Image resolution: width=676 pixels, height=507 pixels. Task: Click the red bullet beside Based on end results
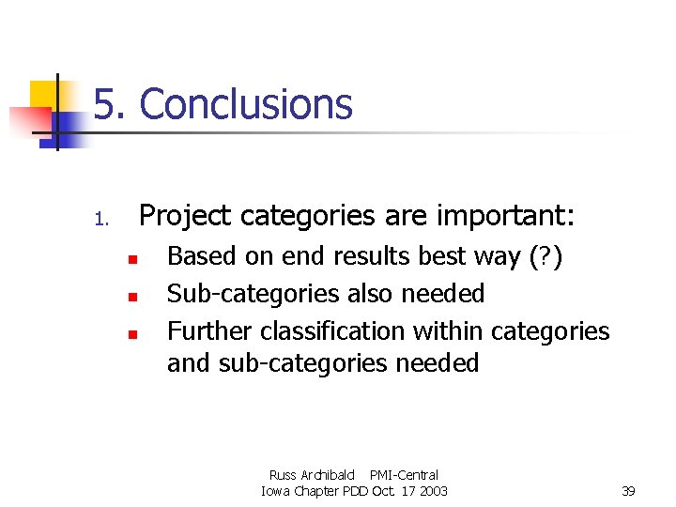pos(133,258)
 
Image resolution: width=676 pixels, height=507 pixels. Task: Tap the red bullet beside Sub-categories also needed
pos(133,296)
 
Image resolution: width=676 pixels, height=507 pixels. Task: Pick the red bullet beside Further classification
pos(133,333)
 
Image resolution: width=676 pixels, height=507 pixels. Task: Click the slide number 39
pos(629,491)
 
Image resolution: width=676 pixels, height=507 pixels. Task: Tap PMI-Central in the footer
pos(404,475)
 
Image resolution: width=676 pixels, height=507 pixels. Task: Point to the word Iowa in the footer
pos(276,491)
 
